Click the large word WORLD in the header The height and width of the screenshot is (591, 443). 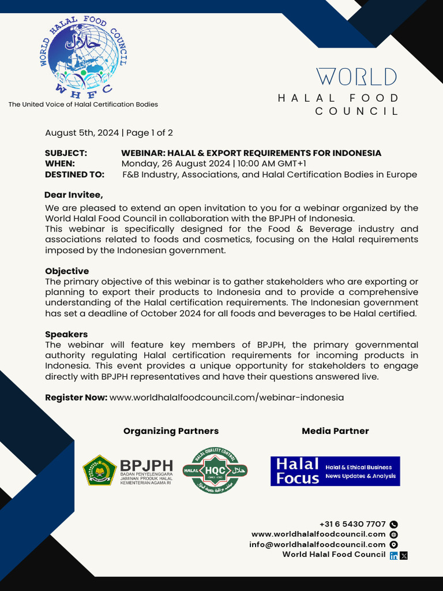pos(356,77)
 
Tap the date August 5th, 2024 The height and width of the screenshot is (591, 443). pos(82,133)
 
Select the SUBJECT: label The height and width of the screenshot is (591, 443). pos(66,153)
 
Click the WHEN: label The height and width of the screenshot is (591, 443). pos(60,164)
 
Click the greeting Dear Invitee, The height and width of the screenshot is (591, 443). pos(74,195)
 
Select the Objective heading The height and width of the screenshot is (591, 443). pos(67,271)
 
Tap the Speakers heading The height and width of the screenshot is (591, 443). pos(66,334)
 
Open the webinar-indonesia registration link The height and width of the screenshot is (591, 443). pos(227,398)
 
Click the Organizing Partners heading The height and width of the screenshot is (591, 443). pos(171,431)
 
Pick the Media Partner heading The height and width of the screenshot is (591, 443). pos(335,431)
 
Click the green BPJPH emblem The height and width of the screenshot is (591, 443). pos(99,470)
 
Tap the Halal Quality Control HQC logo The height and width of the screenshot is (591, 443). pos(215,471)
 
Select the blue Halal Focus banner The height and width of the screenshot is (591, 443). pos(335,471)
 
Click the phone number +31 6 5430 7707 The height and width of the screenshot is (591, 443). pos(352,524)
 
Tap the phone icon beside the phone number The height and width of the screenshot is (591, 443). pos(394,525)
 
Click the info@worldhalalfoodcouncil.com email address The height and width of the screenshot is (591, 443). pos(317,544)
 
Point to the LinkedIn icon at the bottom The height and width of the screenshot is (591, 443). pos(393,555)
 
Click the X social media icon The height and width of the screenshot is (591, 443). pos(404,555)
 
